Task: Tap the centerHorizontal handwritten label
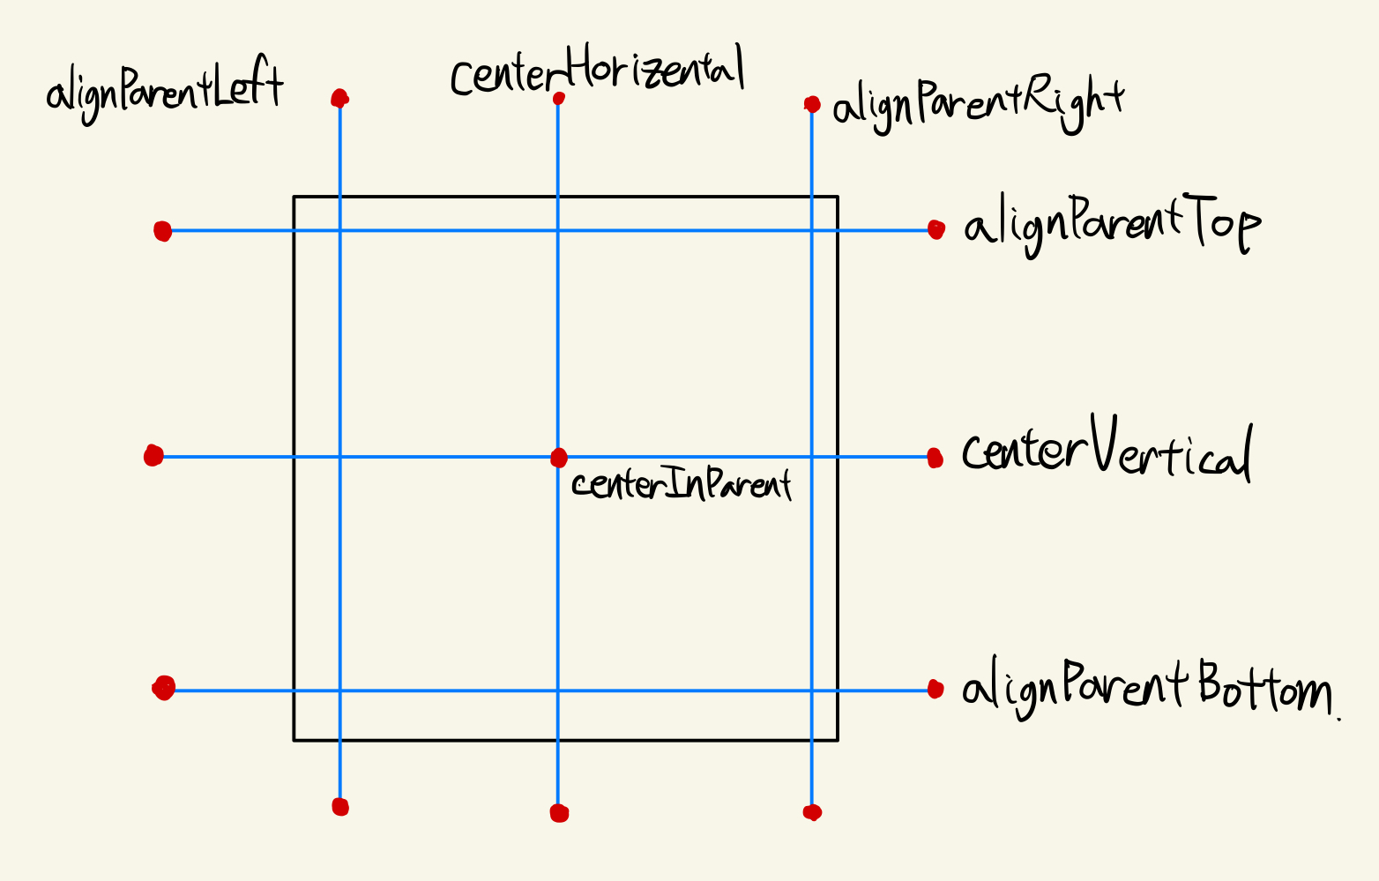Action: pos(597,72)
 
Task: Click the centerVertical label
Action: pos(1106,452)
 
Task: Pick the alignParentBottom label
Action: pos(1146,690)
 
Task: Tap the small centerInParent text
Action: pos(681,484)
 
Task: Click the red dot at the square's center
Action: pos(558,458)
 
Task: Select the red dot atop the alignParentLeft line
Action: pos(339,98)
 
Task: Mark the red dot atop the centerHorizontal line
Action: pos(558,99)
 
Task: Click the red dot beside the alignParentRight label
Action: pos(812,105)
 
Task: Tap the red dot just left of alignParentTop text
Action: pos(936,230)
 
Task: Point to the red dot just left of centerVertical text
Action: pos(935,458)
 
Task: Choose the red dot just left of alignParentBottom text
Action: pos(935,689)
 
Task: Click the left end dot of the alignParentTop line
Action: pos(162,231)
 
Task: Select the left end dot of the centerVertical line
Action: pos(153,456)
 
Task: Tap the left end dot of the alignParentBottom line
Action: pos(164,688)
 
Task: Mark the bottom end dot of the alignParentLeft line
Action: pos(340,806)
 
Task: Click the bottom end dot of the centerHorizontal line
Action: pos(559,812)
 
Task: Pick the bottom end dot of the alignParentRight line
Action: pos(812,812)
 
